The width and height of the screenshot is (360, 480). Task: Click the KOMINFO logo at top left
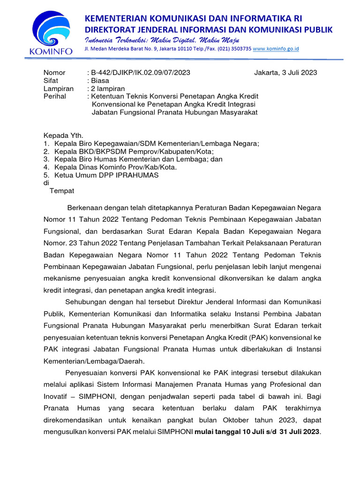click(50, 33)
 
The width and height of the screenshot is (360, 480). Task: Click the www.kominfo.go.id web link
click(276, 49)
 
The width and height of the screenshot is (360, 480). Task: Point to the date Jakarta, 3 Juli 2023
click(285, 73)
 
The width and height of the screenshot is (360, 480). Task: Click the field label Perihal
click(55, 96)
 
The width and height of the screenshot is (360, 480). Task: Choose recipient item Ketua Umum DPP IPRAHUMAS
click(106, 175)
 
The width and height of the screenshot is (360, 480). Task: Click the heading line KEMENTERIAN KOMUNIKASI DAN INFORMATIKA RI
click(193, 18)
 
